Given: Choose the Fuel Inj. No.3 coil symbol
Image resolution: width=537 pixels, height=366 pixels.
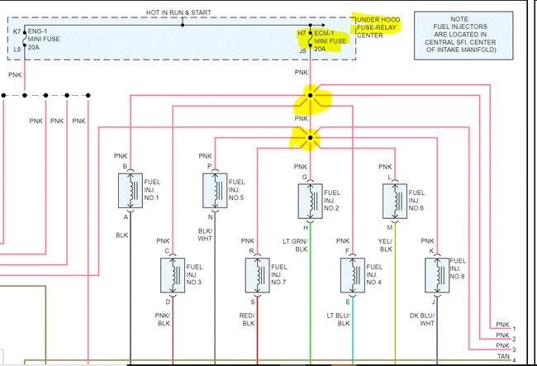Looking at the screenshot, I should [173, 275].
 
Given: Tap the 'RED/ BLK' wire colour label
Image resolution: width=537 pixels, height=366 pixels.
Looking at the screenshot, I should [247, 318].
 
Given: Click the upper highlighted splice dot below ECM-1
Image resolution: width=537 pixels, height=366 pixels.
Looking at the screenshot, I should [311, 96].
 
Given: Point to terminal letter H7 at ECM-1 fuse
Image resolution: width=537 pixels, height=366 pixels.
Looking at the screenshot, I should [302, 33].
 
